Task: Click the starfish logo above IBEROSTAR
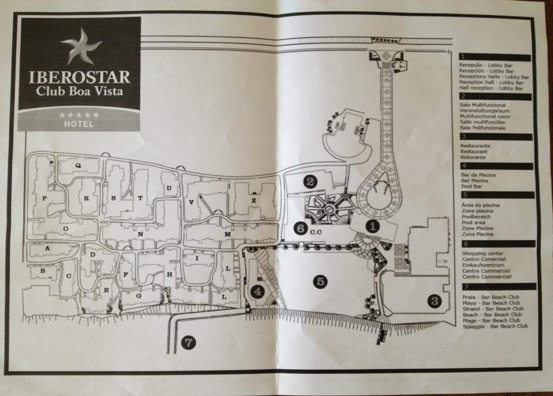pos(81,47)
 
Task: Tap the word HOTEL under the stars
pos(79,124)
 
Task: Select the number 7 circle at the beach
pos(188,343)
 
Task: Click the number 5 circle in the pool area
pos(320,282)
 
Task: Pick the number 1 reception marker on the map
pos(373,226)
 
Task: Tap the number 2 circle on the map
pos(310,181)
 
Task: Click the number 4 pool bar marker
pos(258,292)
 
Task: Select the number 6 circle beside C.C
pos(301,228)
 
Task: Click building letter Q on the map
pos(78,165)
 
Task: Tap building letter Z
pos(254,201)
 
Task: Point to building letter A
pos(48,248)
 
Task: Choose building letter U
pos(169,188)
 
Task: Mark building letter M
pos(227,234)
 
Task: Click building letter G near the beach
pos(139,296)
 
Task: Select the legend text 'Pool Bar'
pos(471,186)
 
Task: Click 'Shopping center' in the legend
pos(482,254)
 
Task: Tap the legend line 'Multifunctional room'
pos(485,116)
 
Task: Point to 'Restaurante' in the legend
pos(475,146)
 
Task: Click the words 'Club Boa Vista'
pos(79,91)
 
